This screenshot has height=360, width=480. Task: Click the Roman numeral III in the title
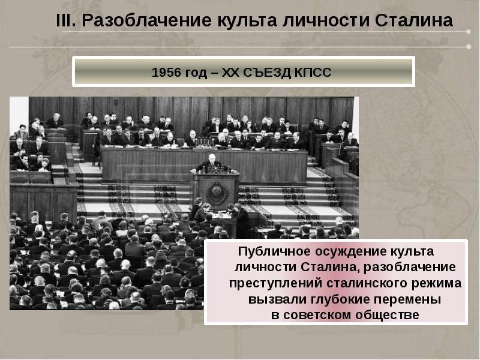66,20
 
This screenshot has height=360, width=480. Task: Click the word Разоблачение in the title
146,21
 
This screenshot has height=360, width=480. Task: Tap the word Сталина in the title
413,20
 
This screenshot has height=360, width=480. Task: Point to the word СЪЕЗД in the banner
267,73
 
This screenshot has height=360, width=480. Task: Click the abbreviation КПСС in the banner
313,73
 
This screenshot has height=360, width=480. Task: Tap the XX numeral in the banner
231,73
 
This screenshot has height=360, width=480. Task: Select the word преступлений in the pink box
275,283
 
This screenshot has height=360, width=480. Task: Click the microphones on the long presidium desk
203,142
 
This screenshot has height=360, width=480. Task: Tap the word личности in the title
325,21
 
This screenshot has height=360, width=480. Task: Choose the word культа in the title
247,21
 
